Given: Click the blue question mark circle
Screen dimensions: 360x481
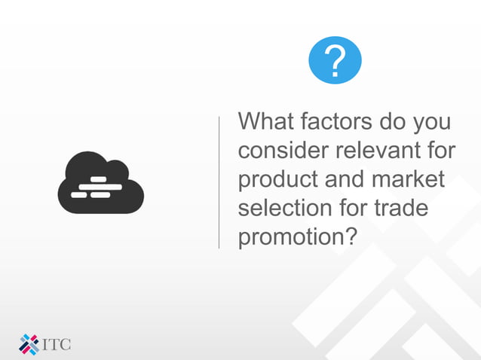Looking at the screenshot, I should [335, 59].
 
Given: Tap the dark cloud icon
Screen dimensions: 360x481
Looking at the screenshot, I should [100, 182].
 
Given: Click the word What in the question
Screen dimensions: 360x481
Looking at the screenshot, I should [265, 122].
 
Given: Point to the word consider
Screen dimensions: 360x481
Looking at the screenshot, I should [280, 151].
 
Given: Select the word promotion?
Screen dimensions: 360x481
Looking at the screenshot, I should [297, 236].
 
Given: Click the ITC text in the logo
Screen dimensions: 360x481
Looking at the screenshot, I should [57, 345].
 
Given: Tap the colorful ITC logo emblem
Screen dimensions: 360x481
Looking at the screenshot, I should [29, 343].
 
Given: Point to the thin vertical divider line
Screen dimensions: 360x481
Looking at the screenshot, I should [219, 182].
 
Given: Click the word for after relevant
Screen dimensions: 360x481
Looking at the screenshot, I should [439, 151].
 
